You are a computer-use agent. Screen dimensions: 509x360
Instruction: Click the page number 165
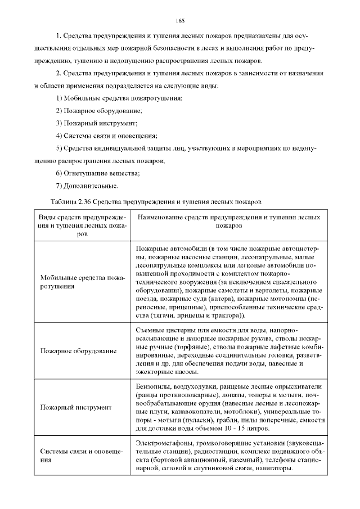180,21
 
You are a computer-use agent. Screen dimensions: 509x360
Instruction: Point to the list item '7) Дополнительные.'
87,186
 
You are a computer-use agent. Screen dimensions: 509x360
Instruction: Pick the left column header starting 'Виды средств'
82,225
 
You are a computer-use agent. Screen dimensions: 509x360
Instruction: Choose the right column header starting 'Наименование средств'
228,220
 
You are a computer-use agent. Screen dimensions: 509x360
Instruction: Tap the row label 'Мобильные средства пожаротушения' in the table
82,282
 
